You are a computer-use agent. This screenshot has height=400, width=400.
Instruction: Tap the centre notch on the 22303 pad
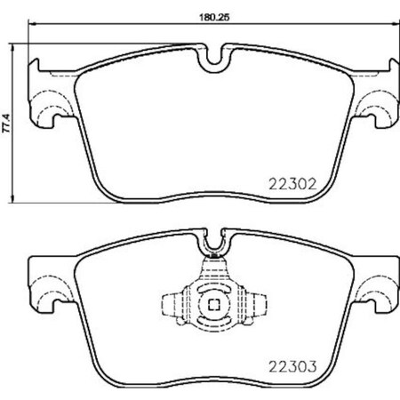[212, 241]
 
